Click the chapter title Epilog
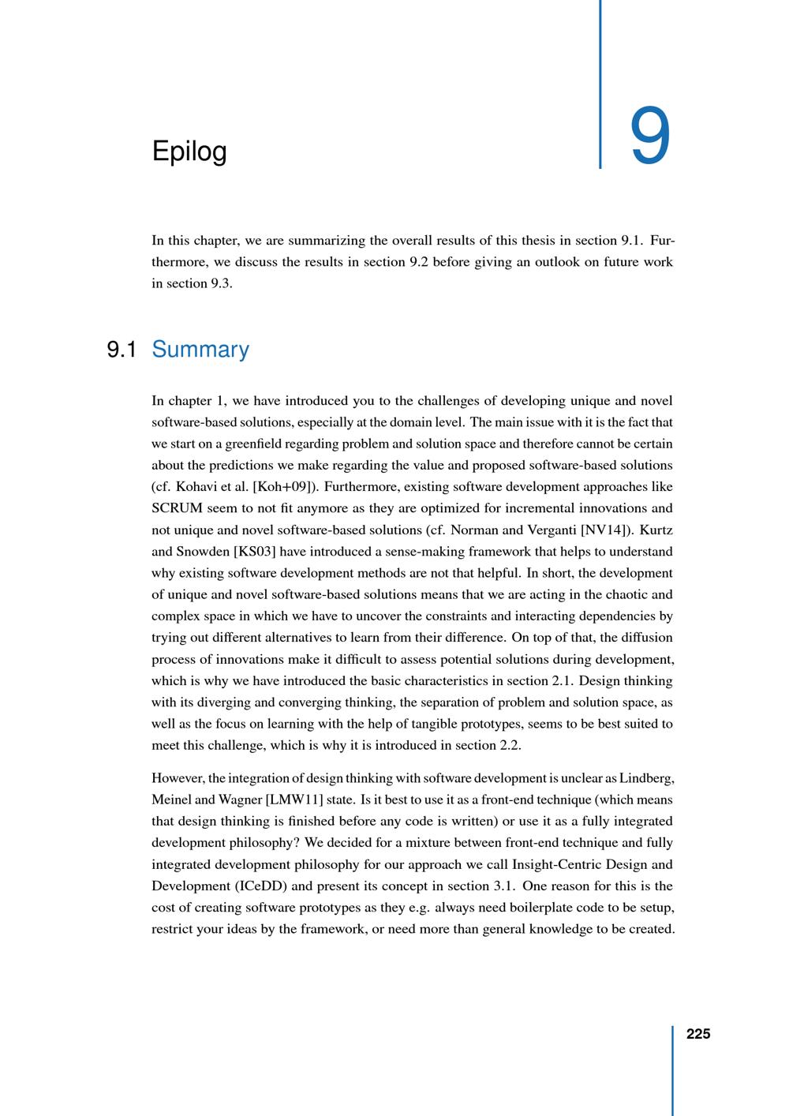(189, 152)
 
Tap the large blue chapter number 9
(650, 137)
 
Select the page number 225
(698, 1034)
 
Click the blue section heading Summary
(200, 349)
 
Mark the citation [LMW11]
(295, 800)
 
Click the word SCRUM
(178, 508)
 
